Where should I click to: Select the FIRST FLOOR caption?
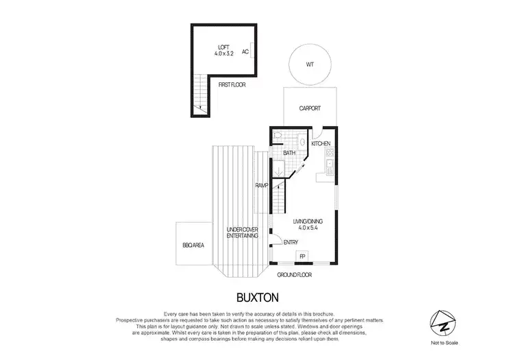[x=231, y=85]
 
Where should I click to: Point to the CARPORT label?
[x=309, y=108]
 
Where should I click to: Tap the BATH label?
[x=289, y=153]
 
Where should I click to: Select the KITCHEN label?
[x=321, y=143]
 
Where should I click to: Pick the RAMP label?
[x=261, y=185]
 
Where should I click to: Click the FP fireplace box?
[x=302, y=256]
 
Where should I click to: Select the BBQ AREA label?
[x=193, y=245]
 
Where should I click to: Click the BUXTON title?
[x=256, y=298]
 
